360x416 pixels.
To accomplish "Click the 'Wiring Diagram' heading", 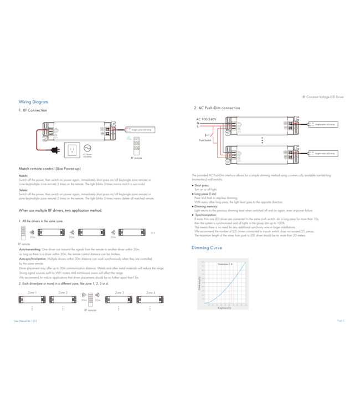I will [x=33, y=102].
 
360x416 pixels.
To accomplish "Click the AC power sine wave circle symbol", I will [x=88, y=148].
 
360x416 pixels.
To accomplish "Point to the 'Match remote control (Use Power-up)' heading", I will [x=50, y=168].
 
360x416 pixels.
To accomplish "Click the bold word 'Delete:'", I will [x=23, y=190].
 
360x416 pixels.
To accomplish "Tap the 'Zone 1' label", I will [x=32, y=292].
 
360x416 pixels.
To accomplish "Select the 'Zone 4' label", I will [x=151, y=292].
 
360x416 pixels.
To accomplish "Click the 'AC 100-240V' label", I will [x=207, y=119].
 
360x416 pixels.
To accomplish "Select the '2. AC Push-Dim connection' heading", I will [x=217, y=108].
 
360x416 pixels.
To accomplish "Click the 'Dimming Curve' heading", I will [x=207, y=247].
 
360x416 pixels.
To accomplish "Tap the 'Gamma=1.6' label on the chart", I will [x=224, y=264].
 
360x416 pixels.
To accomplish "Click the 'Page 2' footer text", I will [x=340, y=321].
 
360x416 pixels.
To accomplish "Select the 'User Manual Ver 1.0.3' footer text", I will [x=28, y=321].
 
